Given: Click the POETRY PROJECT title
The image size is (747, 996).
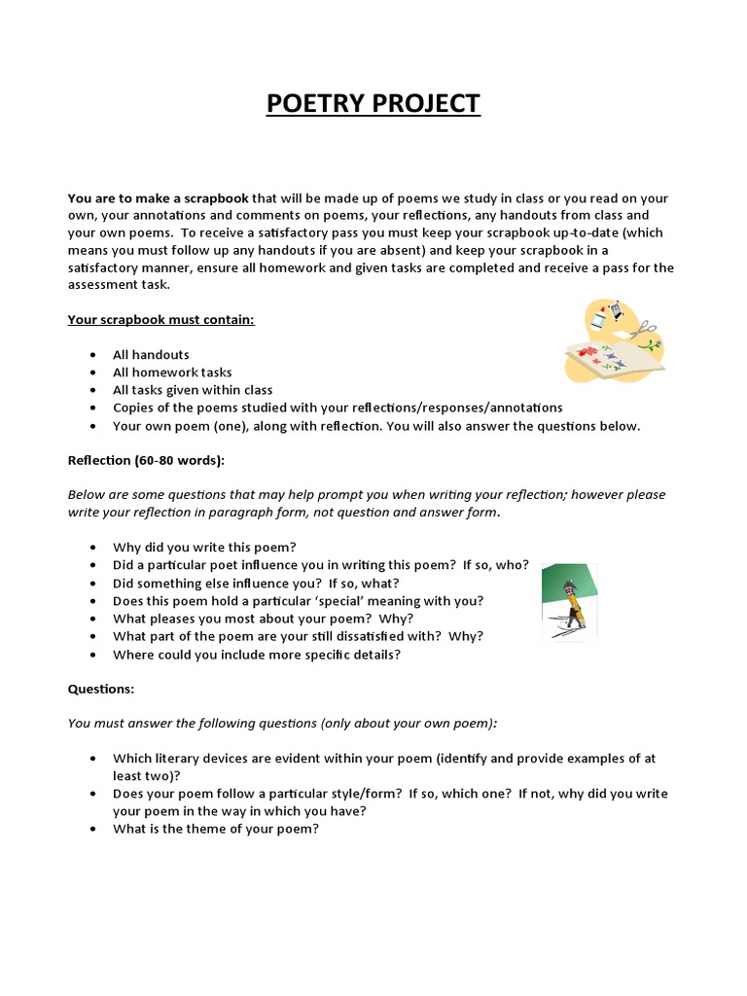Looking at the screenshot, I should click(373, 103).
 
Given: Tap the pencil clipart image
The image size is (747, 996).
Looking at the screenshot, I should click(569, 602).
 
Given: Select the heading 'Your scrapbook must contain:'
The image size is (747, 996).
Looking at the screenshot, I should click(160, 319).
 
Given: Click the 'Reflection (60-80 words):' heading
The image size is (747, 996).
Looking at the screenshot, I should click(146, 460).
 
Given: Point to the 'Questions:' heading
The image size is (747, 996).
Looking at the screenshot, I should click(101, 689).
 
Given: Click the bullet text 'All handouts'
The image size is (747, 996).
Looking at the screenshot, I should click(151, 355).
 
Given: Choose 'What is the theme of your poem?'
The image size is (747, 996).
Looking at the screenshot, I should click(216, 829).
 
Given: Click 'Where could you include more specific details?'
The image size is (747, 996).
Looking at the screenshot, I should click(257, 654).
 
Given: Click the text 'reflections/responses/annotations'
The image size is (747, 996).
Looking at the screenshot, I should click(456, 408).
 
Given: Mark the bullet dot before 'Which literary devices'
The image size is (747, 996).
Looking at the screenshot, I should click(90, 759).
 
